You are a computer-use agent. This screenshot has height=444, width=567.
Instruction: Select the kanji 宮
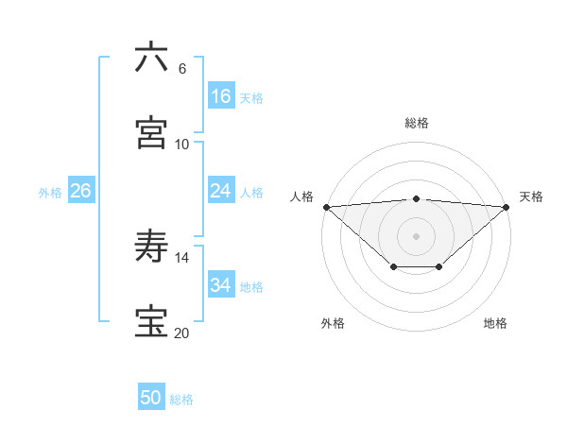pyautogui.click(x=152, y=132)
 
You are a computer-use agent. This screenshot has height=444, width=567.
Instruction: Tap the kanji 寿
pyautogui.click(x=152, y=248)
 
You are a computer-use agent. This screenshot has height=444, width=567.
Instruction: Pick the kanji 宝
pyautogui.click(x=152, y=322)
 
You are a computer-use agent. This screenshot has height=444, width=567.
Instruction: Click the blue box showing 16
pyautogui.click(x=221, y=96)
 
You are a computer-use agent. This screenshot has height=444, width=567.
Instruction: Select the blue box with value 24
pyautogui.click(x=221, y=191)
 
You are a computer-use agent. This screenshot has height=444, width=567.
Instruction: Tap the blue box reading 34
pyautogui.click(x=221, y=284)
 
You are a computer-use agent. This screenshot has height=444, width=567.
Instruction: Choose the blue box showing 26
pyautogui.click(x=81, y=191)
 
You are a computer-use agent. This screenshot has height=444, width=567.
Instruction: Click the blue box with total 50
pyautogui.click(x=151, y=398)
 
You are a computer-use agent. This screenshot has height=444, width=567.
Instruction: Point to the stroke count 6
pyautogui.click(x=182, y=69)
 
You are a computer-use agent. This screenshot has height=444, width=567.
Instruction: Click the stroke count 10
pyautogui.click(x=182, y=145)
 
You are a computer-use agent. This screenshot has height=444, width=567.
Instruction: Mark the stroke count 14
pyautogui.click(x=182, y=258)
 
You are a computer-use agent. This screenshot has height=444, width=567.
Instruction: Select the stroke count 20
pyautogui.click(x=182, y=333)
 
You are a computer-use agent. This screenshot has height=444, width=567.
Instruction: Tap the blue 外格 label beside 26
pyautogui.click(x=50, y=192)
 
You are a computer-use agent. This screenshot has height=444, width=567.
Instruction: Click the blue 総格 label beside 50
pyautogui.click(x=181, y=400)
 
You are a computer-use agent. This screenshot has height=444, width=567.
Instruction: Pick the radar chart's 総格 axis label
pyautogui.click(x=417, y=123)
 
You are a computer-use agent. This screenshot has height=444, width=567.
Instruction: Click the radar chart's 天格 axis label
pyautogui.click(x=531, y=196)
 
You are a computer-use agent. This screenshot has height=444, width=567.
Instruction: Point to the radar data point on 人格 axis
pyautogui.click(x=326, y=207)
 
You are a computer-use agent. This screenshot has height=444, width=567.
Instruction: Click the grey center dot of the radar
pyautogui.click(x=417, y=235)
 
